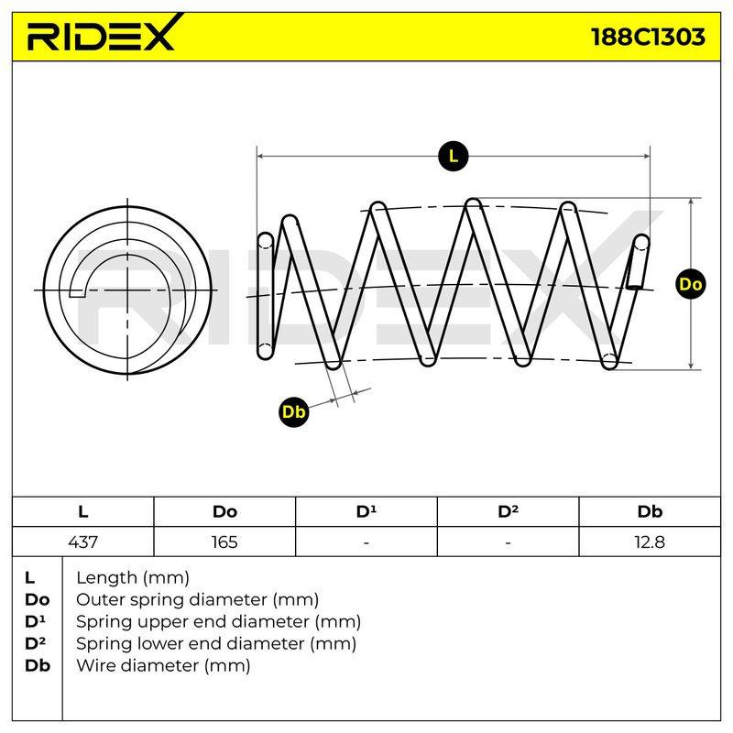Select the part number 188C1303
tap(648, 37)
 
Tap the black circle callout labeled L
tap(453, 156)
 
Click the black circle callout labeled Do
tap(691, 284)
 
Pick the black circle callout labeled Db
tap(293, 411)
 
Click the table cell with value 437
tap(82, 542)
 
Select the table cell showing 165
tap(224, 542)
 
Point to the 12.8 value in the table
tap(650, 542)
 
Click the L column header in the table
tap(82, 511)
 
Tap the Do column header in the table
tap(224, 511)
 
